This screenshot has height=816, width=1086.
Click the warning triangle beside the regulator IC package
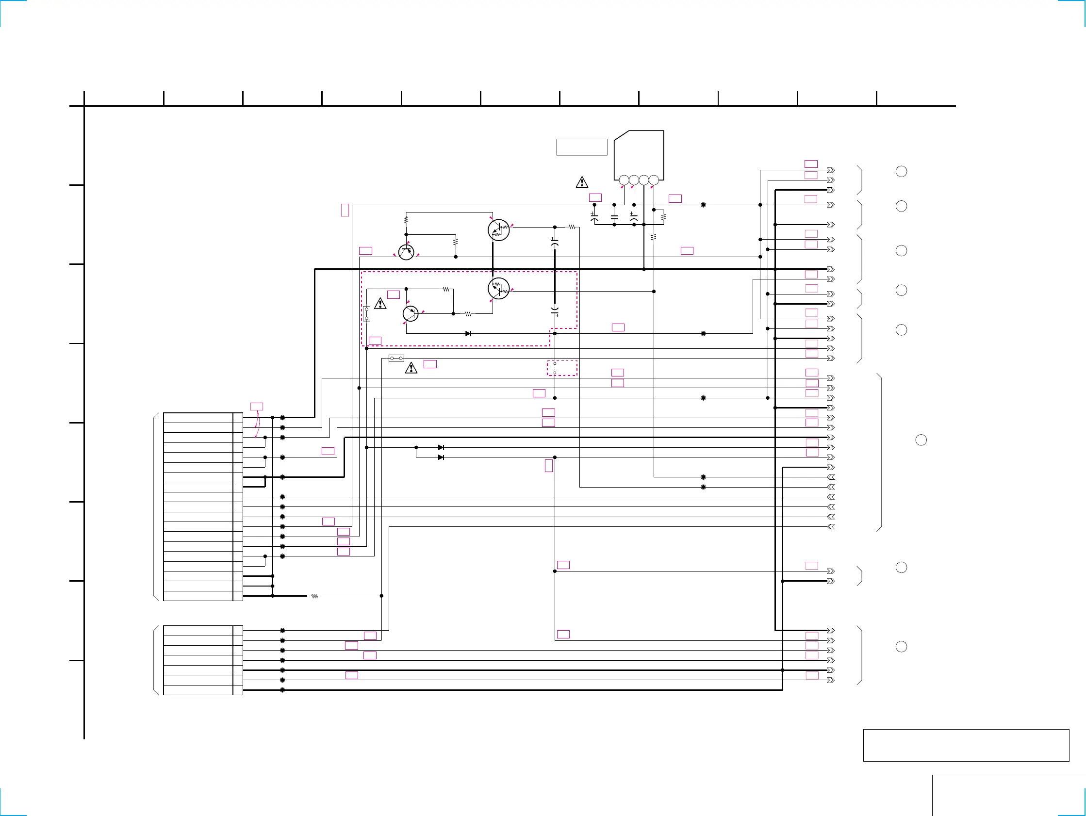tap(582, 182)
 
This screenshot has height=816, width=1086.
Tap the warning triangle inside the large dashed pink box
tap(380, 304)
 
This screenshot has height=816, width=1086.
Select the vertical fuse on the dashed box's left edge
tap(366, 314)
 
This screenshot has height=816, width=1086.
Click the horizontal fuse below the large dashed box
tap(396, 359)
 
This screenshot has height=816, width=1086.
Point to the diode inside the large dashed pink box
tap(468, 333)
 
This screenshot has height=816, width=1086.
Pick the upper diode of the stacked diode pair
tap(441, 447)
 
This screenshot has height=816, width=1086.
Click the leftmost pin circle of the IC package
tap(624, 180)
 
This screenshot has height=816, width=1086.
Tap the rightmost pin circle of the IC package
tap(654, 180)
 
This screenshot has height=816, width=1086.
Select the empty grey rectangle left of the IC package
tap(582, 147)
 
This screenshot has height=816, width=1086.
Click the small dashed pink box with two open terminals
tap(562, 368)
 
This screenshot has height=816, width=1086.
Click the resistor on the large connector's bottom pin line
tap(315, 596)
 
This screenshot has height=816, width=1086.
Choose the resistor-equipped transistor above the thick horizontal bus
tap(499, 230)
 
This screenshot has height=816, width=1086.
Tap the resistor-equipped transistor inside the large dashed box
tap(499, 289)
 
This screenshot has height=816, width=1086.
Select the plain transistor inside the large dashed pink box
tap(411, 313)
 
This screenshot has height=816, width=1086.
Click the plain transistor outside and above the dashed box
tap(406, 252)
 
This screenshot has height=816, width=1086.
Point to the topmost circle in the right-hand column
tap(902, 171)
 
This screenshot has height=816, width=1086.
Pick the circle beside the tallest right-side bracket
tap(921, 440)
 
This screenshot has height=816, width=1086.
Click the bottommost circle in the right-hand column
tap(902, 647)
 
